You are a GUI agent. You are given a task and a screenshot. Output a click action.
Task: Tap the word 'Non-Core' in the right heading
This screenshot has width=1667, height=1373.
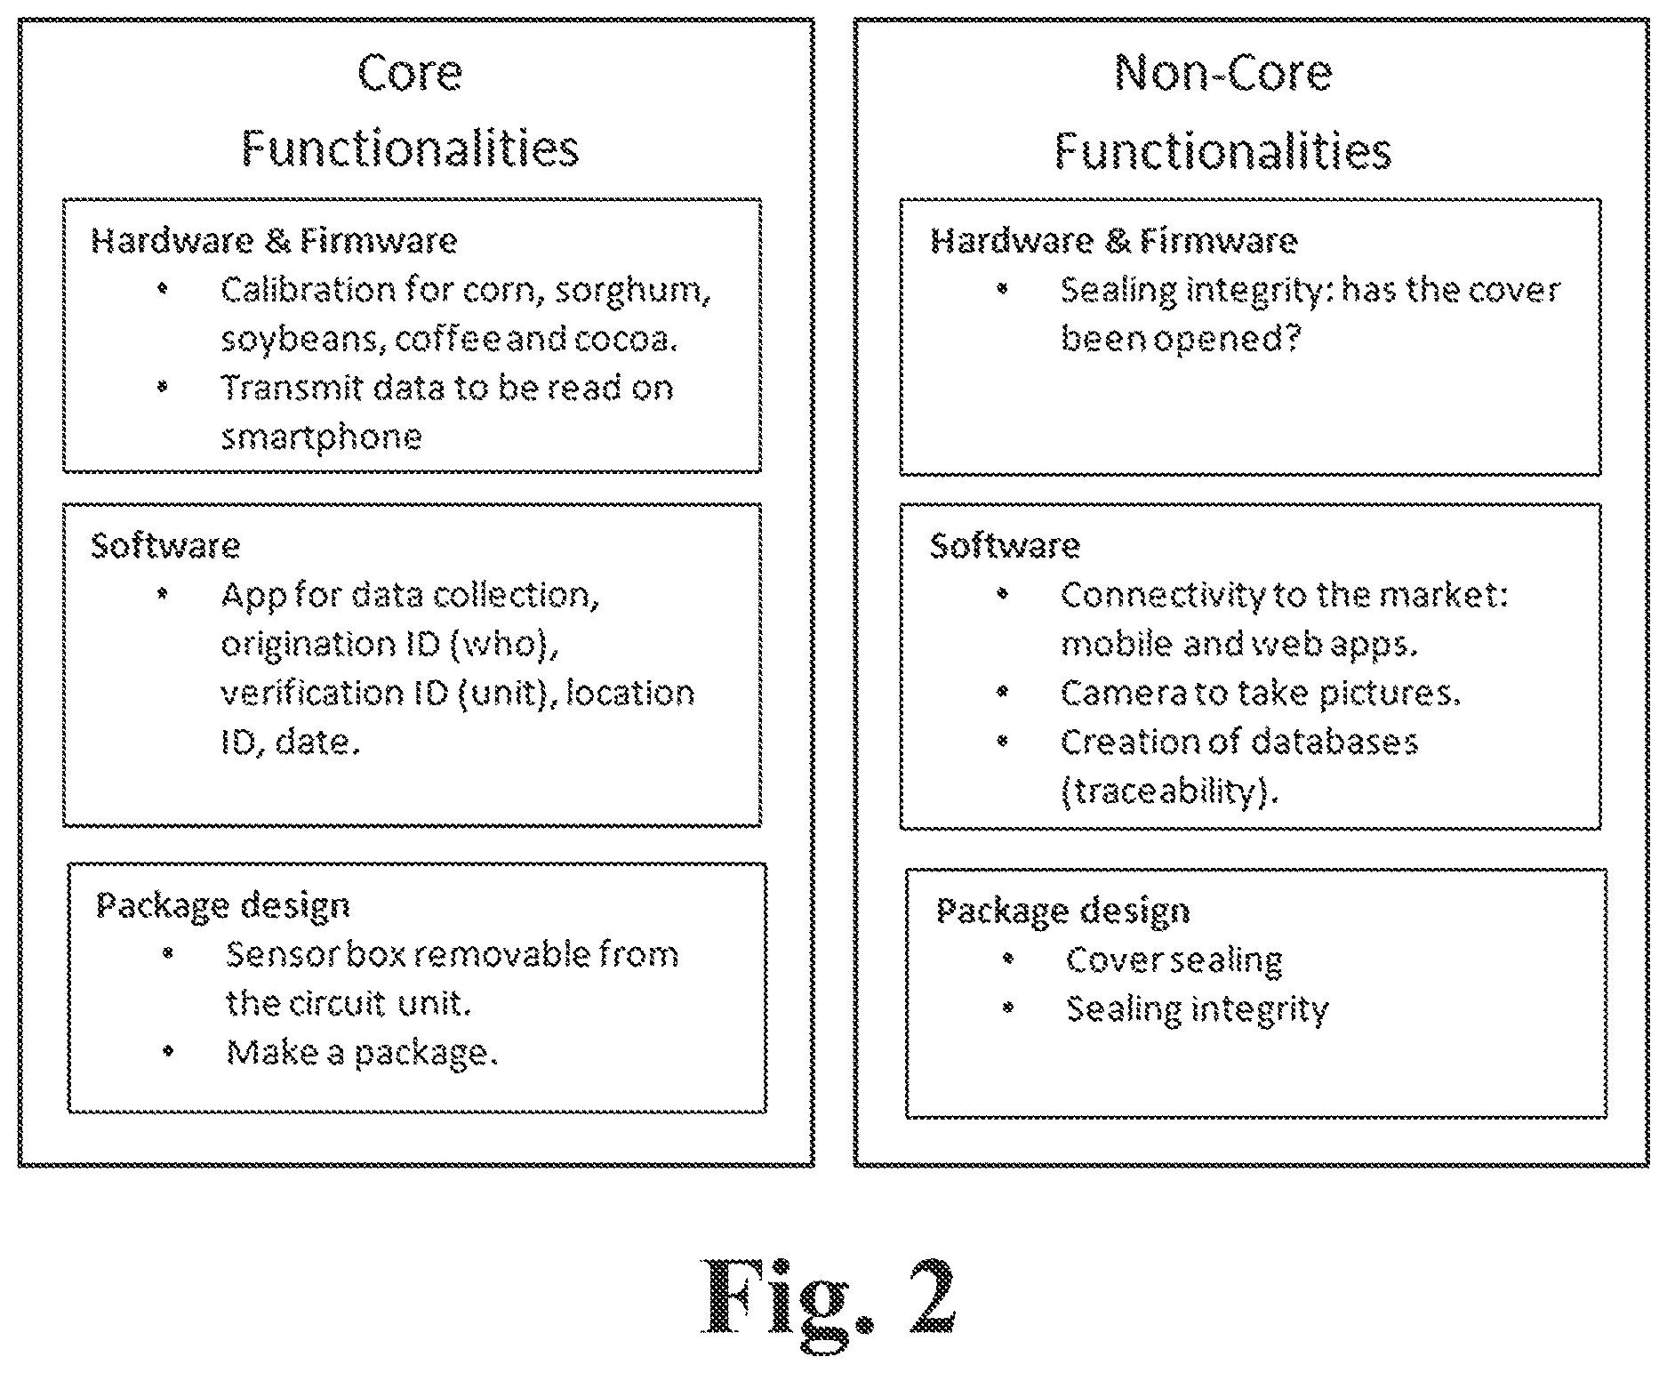[1223, 73]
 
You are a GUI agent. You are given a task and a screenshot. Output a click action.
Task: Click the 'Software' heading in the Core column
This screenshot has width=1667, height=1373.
[166, 545]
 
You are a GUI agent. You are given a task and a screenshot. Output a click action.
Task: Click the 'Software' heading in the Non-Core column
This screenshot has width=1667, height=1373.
[1006, 545]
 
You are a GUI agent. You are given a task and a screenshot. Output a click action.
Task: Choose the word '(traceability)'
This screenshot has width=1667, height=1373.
[1169, 791]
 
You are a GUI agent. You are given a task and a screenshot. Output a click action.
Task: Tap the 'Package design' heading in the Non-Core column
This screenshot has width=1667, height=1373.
[1063, 911]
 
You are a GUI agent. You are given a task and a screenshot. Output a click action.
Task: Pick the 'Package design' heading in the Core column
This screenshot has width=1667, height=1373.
[223, 906]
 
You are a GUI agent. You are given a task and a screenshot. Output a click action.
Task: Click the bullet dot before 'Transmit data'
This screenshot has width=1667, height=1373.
[162, 388]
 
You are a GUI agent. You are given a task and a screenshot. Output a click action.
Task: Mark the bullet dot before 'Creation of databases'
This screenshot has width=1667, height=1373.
[1002, 741]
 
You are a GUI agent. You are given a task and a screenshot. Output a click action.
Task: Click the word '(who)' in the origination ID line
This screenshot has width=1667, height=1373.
[505, 645]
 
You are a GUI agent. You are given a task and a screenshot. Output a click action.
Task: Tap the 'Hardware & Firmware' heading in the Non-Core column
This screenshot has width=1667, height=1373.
[1114, 241]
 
